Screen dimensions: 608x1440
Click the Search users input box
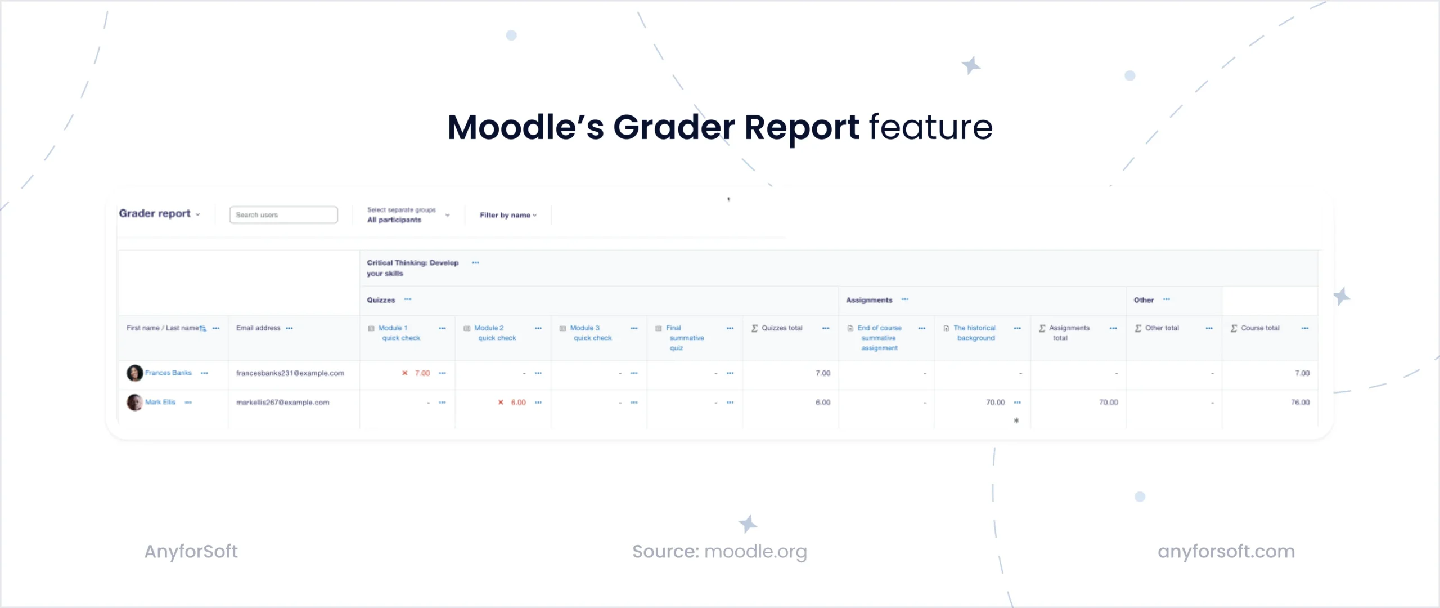pos(283,215)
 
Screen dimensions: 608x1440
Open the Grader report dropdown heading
pos(159,214)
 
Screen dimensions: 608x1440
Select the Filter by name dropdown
pos(508,215)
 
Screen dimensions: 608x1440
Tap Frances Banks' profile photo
pos(134,373)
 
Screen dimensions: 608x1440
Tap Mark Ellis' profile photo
pos(134,403)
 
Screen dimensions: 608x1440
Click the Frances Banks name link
pos(168,373)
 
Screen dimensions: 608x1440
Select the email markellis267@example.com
pos(282,403)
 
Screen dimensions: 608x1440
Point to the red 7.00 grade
pos(422,373)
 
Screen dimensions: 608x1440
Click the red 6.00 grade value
pos(518,403)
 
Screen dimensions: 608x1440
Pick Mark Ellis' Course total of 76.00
pos(1300,403)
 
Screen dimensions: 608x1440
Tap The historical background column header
pos(975,333)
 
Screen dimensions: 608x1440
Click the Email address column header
pos(258,328)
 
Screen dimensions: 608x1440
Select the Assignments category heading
pos(869,300)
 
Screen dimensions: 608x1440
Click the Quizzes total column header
pos(782,328)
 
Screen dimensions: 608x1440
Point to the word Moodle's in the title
pos(525,127)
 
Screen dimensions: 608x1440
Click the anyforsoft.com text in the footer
pos(1226,551)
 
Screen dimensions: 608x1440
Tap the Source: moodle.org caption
pos(719,552)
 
